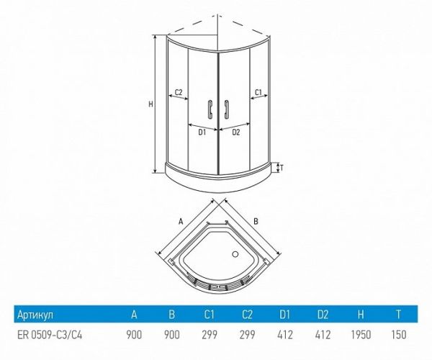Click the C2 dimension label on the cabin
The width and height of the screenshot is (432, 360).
(x=179, y=92)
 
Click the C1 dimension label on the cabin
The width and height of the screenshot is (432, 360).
(x=258, y=92)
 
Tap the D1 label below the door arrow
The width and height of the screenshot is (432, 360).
(x=202, y=132)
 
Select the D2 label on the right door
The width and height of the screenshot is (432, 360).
(x=236, y=132)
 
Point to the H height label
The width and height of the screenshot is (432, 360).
(x=150, y=104)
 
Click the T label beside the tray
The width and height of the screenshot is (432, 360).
(x=282, y=166)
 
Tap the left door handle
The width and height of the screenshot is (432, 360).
(x=210, y=109)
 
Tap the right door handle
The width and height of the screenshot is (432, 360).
(x=227, y=109)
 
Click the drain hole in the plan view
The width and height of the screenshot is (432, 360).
(x=235, y=254)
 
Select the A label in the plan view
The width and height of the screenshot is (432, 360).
(x=181, y=221)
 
